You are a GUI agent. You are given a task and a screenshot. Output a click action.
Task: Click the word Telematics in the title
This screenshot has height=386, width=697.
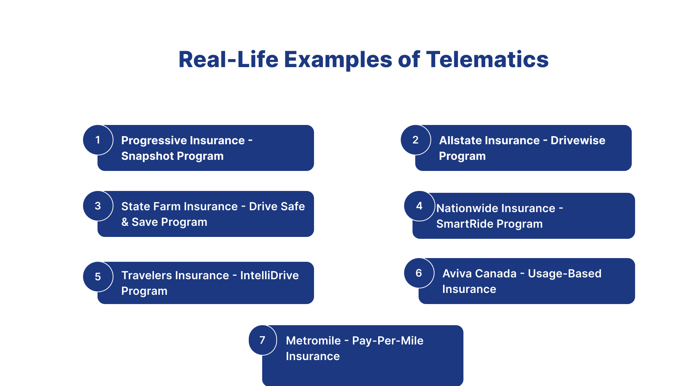click(x=487, y=60)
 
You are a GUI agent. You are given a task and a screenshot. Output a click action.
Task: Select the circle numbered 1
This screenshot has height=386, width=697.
click(x=98, y=140)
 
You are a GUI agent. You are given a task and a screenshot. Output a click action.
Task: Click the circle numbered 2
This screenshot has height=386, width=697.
click(x=416, y=140)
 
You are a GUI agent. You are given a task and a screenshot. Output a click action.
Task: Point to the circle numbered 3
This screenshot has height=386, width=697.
click(x=98, y=206)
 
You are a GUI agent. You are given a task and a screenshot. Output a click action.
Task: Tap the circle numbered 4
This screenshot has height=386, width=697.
click(x=419, y=206)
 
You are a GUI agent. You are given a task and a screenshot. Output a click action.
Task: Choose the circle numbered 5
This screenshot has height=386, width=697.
click(x=98, y=277)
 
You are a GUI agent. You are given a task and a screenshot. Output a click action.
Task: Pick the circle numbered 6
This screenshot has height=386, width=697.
click(x=419, y=273)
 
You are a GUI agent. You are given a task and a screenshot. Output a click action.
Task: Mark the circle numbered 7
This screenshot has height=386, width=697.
click(x=262, y=340)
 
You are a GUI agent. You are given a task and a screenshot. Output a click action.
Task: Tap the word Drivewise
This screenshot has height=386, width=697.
click(x=578, y=141)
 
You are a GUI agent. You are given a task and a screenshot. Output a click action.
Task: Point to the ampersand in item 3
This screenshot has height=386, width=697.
click(x=125, y=222)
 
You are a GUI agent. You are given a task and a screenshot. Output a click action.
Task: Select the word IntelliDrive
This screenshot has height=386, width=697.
click(x=269, y=276)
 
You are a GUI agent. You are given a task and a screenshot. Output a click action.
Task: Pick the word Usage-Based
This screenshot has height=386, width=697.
click(x=564, y=274)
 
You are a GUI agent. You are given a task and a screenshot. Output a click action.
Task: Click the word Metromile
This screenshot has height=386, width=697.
click(x=313, y=341)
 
